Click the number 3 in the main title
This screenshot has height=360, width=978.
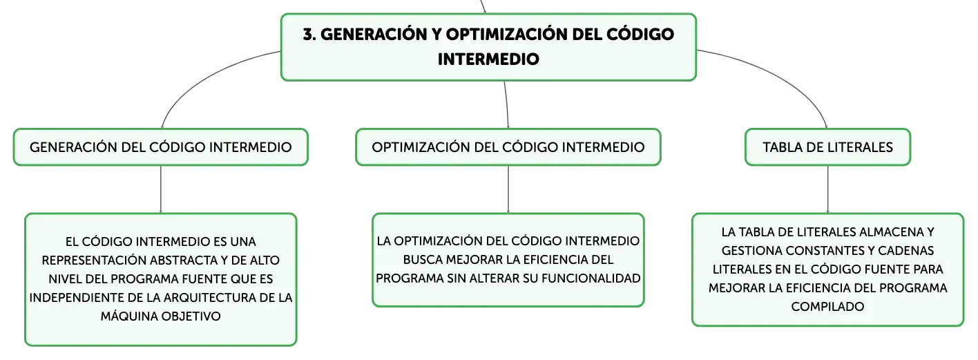[x=308, y=35]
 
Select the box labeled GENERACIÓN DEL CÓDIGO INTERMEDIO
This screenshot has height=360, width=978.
[x=161, y=147]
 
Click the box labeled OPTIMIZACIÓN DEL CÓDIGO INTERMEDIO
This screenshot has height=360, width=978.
[x=508, y=147]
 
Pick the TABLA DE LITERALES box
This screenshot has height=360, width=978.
[x=828, y=147]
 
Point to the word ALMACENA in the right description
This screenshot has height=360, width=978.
[x=888, y=232]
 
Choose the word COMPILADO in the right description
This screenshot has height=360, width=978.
[x=828, y=307]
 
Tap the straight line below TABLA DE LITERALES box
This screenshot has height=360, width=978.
[x=828, y=189]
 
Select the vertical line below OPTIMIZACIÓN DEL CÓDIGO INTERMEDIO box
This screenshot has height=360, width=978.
[x=508, y=189]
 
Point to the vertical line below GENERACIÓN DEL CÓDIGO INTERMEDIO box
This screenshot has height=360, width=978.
[x=161, y=189]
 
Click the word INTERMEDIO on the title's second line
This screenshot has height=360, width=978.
[x=488, y=59]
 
